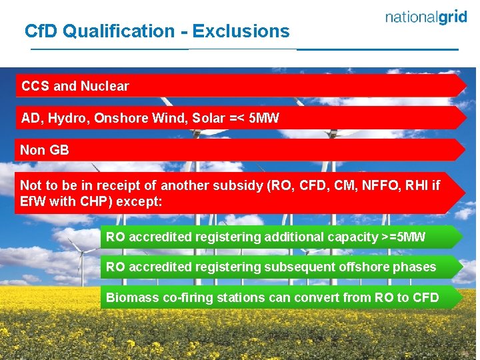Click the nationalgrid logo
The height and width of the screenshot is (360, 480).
point(426,18)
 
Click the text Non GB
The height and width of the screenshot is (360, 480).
point(45,150)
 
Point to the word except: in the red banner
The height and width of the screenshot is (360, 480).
point(140,201)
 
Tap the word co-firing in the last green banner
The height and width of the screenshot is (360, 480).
point(185,298)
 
